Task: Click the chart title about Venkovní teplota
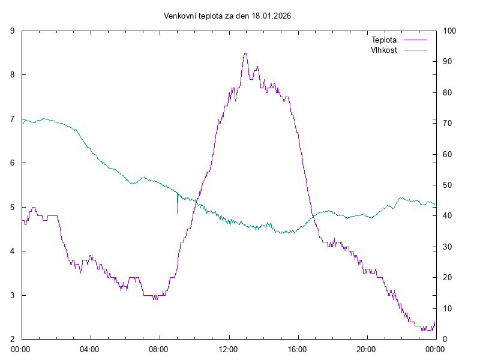(227, 16)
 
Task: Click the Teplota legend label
(384, 40)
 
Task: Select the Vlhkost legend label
(384, 50)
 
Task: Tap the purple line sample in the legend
(415, 40)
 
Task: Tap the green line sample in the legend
(415, 50)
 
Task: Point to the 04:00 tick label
(90, 349)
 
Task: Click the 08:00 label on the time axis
(159, 349)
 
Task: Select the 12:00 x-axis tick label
(228, 349)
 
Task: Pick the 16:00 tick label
(297, 349)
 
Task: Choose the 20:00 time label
(366, 349)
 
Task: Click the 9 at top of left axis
(13, 31)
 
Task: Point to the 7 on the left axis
(13, 119)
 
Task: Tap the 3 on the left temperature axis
(13, 295)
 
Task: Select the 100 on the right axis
(449, 31)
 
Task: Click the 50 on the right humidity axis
(447, 185)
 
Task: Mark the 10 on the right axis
(447, 308)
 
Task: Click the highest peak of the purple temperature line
(245, 53)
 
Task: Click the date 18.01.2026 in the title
(271, 16)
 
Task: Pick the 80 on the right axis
(447, 92)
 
